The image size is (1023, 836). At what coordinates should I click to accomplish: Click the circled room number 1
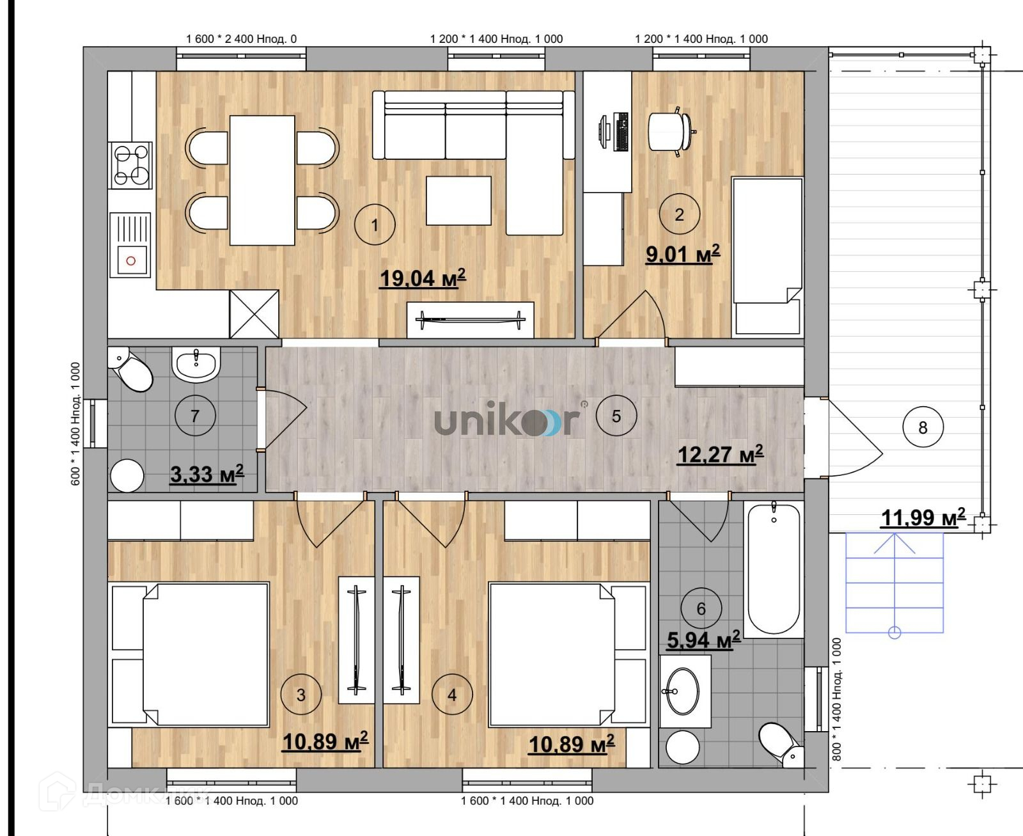tap(375, 225)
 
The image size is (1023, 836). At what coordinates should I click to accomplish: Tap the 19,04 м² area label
tap(423, 278)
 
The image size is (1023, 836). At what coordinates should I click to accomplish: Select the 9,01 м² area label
tap(683, 254)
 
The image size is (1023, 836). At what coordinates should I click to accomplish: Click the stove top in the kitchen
tap(130, 166)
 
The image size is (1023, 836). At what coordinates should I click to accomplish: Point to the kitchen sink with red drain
tap(130, 245)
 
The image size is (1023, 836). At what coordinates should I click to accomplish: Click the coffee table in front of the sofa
tap(458, 200)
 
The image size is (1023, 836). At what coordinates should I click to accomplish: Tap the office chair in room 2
tap(672, 132)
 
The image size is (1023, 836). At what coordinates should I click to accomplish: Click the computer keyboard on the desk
tap(621, 132)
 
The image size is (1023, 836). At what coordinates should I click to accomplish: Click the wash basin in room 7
tap(196, 365)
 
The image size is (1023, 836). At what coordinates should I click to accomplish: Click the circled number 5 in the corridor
tap(616, 416)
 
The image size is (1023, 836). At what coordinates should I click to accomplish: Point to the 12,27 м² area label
tap(721, 454)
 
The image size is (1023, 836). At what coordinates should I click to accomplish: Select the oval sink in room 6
tap(682, 691)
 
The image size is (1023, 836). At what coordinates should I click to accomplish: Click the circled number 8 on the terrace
tap(923, 427)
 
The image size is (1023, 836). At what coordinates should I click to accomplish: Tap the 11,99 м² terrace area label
tap(923, 517)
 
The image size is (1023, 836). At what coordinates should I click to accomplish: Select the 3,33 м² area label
tap(207, 474)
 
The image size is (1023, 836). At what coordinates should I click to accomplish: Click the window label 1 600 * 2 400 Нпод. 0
tap(241, 39)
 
